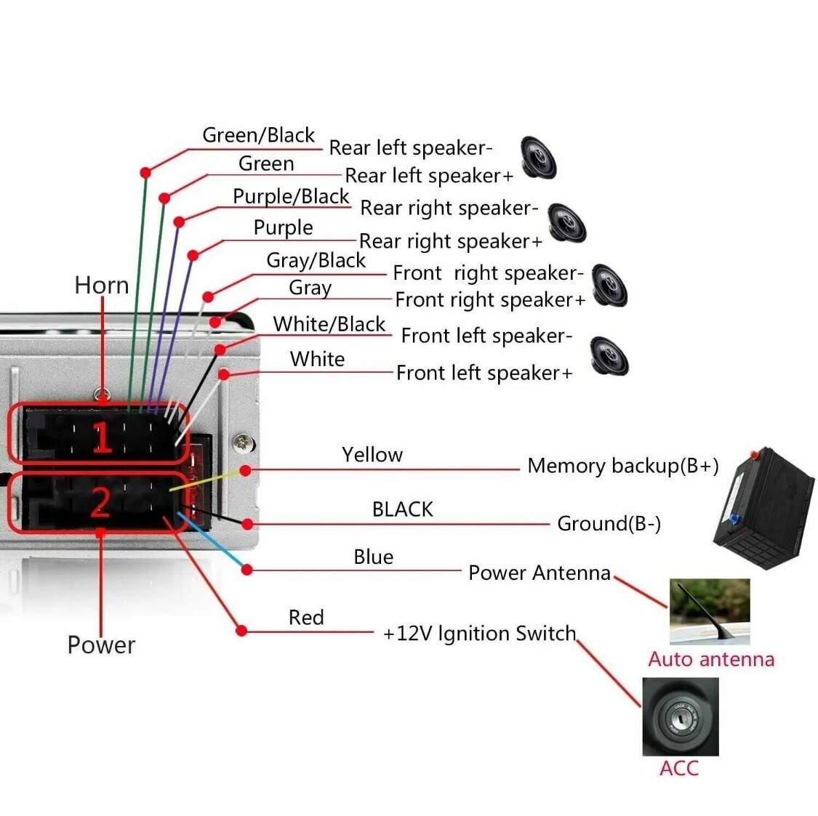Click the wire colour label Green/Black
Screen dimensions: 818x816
tap(258, 135)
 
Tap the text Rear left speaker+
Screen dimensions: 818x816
tap(429, 176)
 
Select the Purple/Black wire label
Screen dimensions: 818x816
tap(291, 197)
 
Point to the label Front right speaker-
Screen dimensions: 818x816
tap(488, 273)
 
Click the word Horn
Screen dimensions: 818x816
tap(101, 286)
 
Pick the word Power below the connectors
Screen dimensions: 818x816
tap(101, 645)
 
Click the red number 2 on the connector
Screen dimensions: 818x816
tap(100, 503)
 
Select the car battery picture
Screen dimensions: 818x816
tap(763, 507)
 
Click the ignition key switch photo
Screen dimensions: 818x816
tap(681, 716)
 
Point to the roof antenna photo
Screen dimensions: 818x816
tap(710, 611)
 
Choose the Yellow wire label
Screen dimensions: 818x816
tap(372, 455)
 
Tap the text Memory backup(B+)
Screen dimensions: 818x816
tap(623, 466)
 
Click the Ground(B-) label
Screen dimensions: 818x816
tap(609, 523)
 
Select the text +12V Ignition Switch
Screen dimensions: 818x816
tap(479, 634)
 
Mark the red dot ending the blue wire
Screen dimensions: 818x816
tap(247, 570)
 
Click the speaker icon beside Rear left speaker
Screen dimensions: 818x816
tap(538, 158)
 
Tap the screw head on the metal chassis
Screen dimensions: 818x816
tap(243, 443)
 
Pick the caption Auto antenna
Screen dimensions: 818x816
tap(711, 659)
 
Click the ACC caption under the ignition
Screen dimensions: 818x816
tap(678, 768)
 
